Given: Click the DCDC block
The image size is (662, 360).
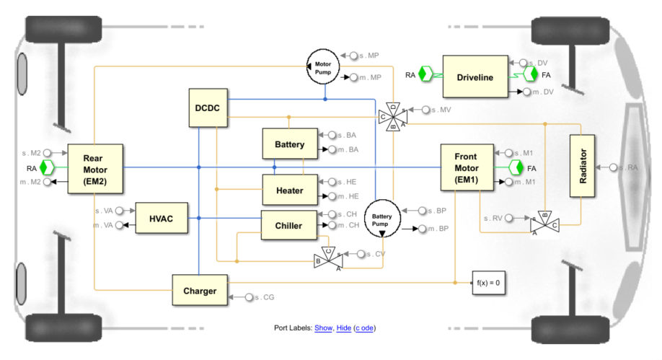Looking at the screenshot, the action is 208,107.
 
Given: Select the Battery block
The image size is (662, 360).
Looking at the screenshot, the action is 290,144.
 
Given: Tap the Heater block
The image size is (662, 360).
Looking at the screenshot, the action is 290,190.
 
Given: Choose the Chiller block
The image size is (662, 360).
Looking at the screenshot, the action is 288,225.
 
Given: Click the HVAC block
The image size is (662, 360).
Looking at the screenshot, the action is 162,218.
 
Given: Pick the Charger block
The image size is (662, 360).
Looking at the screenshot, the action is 200,290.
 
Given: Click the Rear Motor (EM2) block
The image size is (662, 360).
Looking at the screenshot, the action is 95,169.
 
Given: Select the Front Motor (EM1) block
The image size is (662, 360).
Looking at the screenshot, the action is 467,167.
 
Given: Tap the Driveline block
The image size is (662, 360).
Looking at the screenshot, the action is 475,77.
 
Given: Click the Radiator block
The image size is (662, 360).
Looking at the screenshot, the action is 582,166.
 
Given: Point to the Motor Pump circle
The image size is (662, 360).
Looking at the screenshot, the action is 323,67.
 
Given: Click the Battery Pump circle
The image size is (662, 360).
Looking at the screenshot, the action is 382,219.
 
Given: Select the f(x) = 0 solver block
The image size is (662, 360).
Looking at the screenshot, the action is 488,283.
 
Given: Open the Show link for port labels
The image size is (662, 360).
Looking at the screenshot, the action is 323,328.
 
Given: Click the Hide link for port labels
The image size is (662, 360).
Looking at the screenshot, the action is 344,328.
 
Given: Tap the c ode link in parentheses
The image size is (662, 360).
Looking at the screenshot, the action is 365,328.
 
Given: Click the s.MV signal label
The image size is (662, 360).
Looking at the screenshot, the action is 441,110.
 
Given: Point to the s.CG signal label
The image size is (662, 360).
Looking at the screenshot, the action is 264,297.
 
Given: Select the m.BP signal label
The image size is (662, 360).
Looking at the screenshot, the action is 438,229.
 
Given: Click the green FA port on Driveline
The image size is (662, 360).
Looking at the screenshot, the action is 530,75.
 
